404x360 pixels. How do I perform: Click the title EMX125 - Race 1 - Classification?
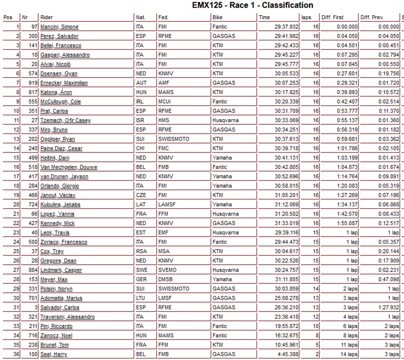click(253, 6)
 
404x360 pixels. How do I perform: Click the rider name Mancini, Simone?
click(59, 27)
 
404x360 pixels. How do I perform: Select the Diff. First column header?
click(332, 18)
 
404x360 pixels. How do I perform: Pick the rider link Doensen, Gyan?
click(59, 73)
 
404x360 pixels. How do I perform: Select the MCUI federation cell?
click(165, 102)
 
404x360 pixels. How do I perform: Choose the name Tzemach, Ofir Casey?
click(65, 120)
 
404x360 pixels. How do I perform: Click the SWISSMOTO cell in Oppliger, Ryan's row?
click(174, 139)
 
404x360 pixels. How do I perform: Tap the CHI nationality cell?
click(140, 149)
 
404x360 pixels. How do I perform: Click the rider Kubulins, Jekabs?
click(60, 205)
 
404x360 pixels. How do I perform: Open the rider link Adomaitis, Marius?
click(61, 298)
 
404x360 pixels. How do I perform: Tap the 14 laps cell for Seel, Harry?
click(348, 354)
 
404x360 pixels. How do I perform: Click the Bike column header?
click(217, 18)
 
